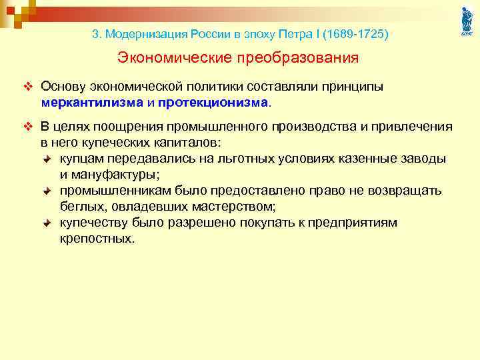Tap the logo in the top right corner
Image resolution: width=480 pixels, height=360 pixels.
pos(466,21)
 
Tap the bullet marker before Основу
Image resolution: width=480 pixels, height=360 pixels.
pos(27,87)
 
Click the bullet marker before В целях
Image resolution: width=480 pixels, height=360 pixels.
pos(27,127)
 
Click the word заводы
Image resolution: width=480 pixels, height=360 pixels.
pos(423,158)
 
